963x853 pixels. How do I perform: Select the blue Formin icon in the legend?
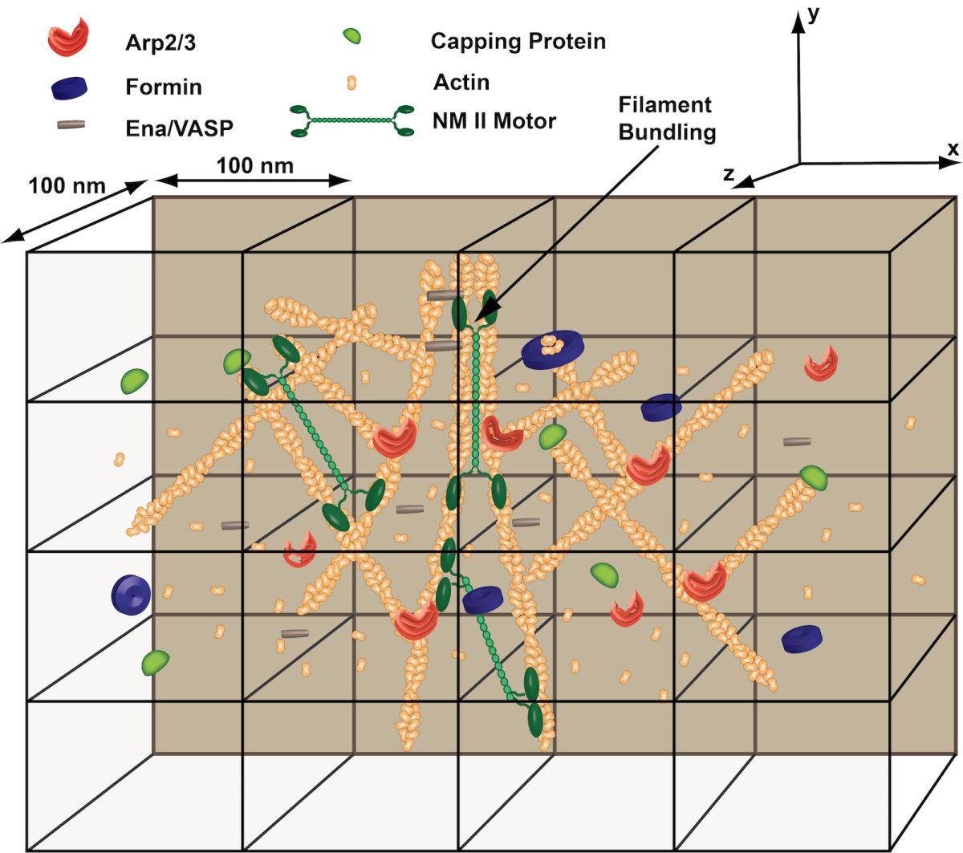tap(70, 87)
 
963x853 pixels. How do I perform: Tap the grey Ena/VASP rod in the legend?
tap(71, 125)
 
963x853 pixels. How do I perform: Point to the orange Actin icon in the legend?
tap(350, 82)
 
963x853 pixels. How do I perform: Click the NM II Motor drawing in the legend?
tap(352, 120)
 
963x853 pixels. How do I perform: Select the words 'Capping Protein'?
tap(518, 41)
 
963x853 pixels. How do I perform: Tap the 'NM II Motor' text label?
tap(494, 121)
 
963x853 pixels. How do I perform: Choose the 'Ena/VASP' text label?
tap(179, 127)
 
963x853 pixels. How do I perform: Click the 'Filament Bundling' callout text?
tap(666, 118)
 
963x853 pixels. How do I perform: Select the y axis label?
tap(813, 15)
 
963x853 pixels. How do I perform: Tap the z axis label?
tap(729, 173)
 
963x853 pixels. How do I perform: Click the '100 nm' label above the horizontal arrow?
tap(254, 165)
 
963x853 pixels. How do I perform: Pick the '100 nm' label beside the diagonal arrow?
tap(67, 185)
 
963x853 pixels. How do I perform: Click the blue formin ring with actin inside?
tap(551, 349)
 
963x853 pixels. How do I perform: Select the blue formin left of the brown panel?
tap(131, 593)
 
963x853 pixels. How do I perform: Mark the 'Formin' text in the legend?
tap(164, 87)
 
